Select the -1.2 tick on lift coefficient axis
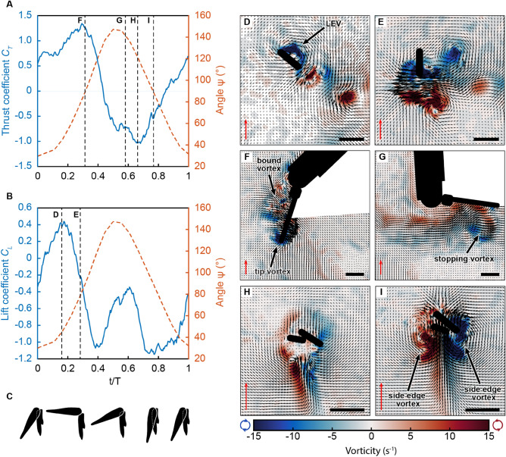26,358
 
